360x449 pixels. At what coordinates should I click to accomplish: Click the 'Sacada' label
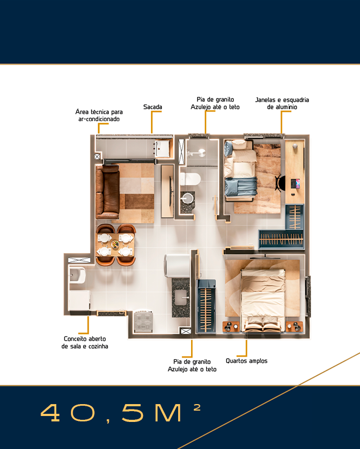coord(153,107)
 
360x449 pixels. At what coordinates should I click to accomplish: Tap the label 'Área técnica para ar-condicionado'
coord(99,115)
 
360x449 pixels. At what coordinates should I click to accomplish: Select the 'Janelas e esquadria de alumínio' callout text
coord(282,103)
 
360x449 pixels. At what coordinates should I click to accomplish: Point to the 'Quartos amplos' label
coord(246,361)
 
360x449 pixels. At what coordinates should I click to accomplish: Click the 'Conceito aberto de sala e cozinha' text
coord(85,342)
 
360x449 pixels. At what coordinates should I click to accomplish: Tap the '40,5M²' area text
coord(120,413)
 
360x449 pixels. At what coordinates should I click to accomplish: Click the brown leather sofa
coord(108,192)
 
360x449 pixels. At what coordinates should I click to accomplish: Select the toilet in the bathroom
coord(191,179)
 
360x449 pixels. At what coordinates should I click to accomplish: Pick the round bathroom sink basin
coord(187,198)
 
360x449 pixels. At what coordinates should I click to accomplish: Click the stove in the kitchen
coord(143,321)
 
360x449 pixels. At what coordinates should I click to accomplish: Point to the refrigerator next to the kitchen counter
coord(177,266)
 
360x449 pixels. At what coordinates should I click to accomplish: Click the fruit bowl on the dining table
coord(115,245)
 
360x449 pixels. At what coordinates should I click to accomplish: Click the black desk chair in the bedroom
coord(279,183)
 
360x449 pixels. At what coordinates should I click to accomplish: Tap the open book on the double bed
coord(262,326)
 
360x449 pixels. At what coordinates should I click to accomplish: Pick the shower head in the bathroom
coord(202,153)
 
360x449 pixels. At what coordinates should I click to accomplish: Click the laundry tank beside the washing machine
coord(77,275)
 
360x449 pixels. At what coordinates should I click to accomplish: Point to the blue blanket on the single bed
coord(241,187)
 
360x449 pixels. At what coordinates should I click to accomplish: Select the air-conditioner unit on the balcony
coord(162,148)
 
